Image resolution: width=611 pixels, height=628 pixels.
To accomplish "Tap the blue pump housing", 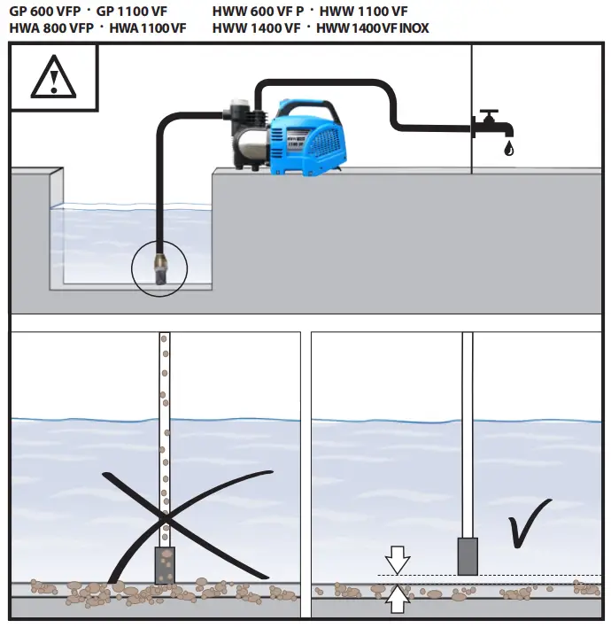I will click(310, 137).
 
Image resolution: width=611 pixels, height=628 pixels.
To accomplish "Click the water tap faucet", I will click(488, 123).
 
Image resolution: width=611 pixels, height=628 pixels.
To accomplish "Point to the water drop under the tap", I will click(507, 149).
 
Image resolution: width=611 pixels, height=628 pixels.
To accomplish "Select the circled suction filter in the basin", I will click(160, 267).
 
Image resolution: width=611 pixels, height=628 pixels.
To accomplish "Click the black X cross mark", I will click(164, 518).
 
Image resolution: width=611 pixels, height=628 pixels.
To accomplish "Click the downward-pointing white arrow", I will click(398, 560).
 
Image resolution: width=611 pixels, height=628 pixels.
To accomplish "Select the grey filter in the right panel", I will click(468, 556).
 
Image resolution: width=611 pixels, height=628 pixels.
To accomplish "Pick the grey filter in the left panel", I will click(166, 565).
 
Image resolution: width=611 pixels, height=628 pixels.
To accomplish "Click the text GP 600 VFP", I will click(45, 12).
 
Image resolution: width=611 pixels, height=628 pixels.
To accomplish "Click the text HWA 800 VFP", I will click(50, 28).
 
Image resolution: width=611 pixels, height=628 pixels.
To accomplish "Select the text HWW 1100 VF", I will click(364, 12).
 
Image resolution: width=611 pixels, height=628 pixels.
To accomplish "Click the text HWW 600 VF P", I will click(258, 12).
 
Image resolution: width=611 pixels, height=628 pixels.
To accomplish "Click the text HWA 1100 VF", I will click(148, 28).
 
